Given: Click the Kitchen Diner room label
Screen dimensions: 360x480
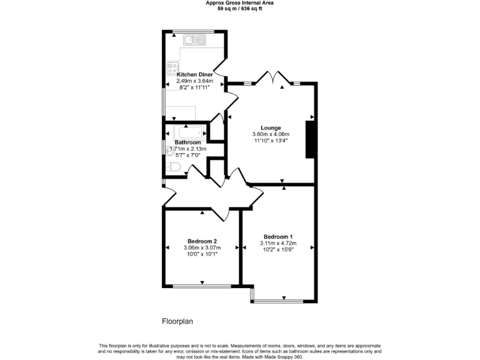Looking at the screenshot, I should (x=194, y=74).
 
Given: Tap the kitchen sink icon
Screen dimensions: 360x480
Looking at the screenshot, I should (x=194, y=41).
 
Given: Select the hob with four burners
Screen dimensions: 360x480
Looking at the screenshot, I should (x=172, y=67).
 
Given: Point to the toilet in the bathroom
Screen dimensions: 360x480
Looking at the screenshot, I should (x=174, y=166).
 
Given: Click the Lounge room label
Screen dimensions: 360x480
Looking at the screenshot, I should (x=271, y=128).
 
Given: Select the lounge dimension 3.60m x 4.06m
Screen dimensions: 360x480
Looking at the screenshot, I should (x=271, y=134).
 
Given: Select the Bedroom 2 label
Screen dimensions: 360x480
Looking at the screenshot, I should (x=202, y=241).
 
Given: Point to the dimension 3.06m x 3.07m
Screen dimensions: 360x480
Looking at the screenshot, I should (x=202, y=248).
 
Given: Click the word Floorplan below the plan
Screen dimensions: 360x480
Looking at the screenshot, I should (x=178, y=322).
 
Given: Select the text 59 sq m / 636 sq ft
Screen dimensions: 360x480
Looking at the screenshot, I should (x=240, y=9).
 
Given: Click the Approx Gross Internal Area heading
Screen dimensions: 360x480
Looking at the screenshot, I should (x=240, y=3).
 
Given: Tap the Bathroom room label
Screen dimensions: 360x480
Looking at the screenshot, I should (x=187, y=142).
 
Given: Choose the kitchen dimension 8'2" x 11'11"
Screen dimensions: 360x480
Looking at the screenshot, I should (x=194, y=87).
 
